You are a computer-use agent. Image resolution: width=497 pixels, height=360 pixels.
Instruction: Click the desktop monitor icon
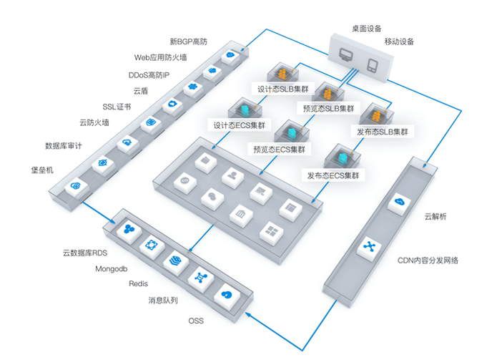pyautogui.click(x=346, y=54)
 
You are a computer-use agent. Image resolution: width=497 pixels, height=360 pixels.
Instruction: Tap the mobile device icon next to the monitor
pyautogui.click(x=372, y=65)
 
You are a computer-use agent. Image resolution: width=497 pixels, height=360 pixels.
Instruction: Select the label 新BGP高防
pyautogui.click(x=188, y=42)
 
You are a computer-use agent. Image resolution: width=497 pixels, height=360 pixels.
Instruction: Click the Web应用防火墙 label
pyautogui.click(x=160, y=57)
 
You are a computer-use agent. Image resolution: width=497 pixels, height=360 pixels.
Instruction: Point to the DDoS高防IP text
pyautogui.click(x=149, y=75)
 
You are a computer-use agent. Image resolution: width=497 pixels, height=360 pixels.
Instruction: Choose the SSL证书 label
pyautogui.click(x=117, y=107)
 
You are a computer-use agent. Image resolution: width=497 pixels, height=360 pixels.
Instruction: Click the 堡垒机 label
pyautogui.click(x=42, y=170)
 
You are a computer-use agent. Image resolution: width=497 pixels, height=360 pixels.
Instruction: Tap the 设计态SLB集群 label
pyautogui.click(x=282, y=89)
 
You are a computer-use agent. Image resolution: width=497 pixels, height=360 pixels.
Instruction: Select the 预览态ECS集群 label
pyautogui.click(x=279, y=149)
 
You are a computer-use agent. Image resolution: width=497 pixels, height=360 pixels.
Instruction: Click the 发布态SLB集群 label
pyautogui.click(x=383, y=132)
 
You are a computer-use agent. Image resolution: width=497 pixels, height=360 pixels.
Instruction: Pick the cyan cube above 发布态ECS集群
pyautogui.click(x=343, y=157)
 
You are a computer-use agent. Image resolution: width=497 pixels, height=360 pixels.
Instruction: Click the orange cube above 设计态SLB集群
pyautogui.click(x=283, y=74)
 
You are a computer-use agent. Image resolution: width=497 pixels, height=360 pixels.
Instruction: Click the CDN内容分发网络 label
pyautogui.click(x=428, y=261)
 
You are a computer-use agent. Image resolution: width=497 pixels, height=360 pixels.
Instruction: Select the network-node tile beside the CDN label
pyautogui.click(x=369, y=248)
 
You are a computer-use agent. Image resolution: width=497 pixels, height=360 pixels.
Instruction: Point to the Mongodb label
pyautogui.click(x=112, y=269)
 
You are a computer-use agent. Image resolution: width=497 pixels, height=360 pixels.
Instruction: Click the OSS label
pyautogui.click(x=196, y=321)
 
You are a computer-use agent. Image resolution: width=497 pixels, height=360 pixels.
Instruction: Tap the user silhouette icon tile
pyautogui.click(x=233, y=177)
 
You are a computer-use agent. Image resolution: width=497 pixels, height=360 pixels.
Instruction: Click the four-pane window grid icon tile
pyautogui.click(x=272, y=233)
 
